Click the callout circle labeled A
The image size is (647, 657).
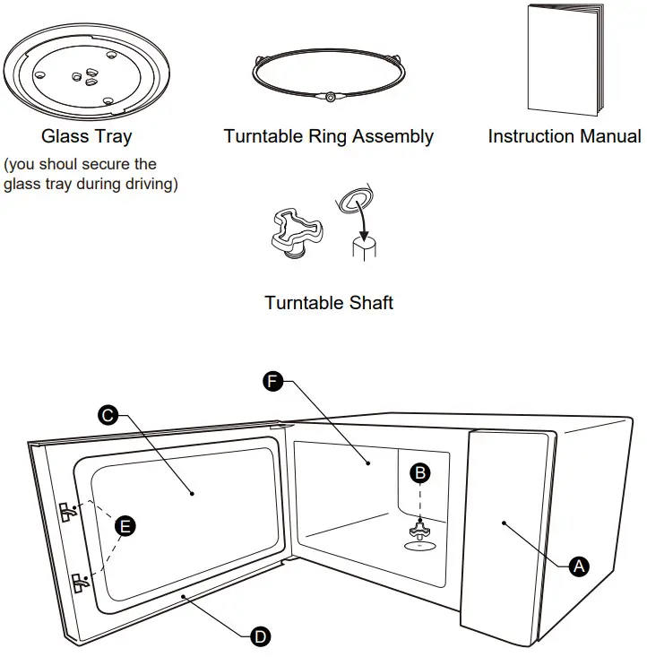coord(579,566)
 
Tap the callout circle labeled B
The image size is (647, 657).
coord(420,473)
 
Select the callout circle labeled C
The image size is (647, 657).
coord(108,415)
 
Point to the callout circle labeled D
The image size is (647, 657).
coord(260,637)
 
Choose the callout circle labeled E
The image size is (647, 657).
coord(125,526)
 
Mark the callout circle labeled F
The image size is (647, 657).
coord(272,381)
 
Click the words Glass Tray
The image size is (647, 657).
coord(87,136)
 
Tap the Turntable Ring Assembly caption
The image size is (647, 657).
coord(329,136)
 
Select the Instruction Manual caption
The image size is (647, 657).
coord(565,136)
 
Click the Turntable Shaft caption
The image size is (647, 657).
coord(329,303)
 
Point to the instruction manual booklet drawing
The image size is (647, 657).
coord(565,59)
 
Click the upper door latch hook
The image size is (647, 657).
coord(68,512)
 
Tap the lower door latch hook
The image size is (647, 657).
coord(81,583)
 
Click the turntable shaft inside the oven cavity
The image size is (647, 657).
coord(419,531)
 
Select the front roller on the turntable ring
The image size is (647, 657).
coord(330,98)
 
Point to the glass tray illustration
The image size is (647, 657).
coord(87,71)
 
